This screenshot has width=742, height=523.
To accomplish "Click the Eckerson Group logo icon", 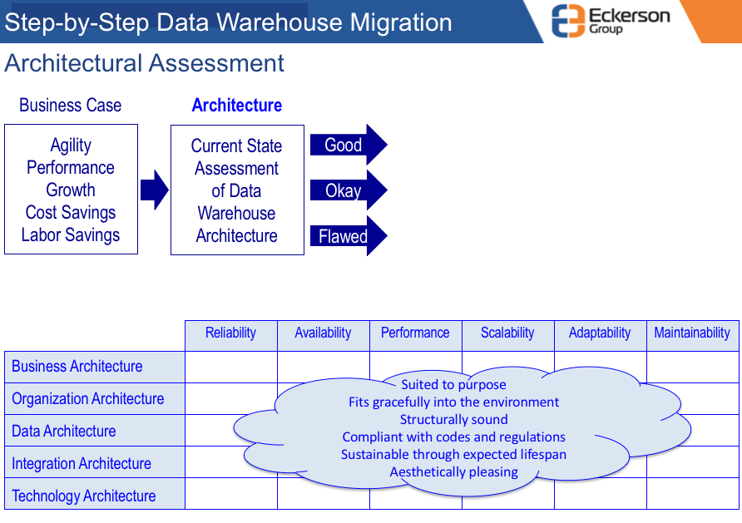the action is tap(568, 20).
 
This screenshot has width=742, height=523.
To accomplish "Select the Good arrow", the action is tap(349, 145).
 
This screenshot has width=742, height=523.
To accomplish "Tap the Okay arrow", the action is tap(349, 190).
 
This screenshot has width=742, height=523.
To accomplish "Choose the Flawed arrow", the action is tap(349, 236).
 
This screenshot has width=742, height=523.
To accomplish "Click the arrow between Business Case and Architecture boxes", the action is tap(154, 190).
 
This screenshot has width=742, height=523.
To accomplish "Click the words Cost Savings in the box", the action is tap(71, 213).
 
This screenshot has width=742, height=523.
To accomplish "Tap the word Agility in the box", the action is tap(71, 146).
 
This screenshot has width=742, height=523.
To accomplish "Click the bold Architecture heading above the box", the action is tap(236, 105).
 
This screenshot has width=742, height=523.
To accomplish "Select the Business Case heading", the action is tap(70, 105).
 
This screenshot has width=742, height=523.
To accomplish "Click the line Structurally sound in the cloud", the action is tap(454, 419).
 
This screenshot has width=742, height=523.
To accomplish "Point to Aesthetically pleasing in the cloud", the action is tap(454, 472).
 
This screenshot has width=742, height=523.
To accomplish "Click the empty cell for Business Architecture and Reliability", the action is tap(231, 367).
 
